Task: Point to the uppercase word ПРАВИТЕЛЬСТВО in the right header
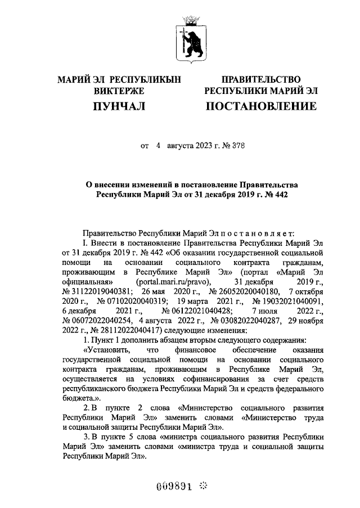tap(260, 80)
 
